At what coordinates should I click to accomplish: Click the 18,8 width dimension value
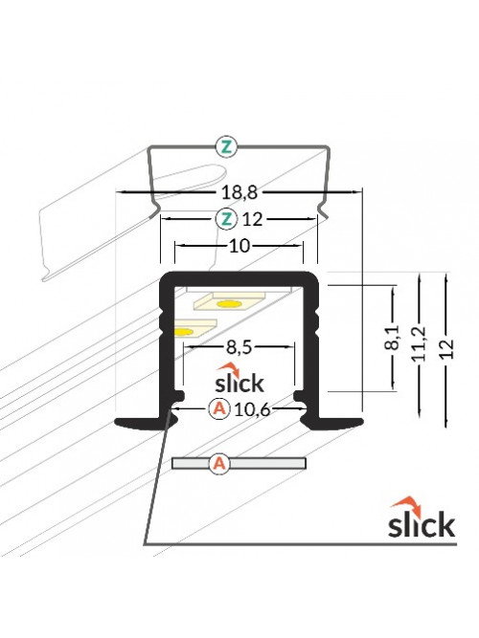239,192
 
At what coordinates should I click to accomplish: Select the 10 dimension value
239,246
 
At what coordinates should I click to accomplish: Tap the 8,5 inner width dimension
239,347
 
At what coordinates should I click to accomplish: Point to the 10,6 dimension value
252,409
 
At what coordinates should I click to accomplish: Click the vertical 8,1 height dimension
393,338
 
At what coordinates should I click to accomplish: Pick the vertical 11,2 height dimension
419,343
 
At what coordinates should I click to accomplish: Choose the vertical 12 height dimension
447,348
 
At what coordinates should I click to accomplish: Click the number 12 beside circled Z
252,220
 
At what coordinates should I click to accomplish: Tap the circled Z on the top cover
226,147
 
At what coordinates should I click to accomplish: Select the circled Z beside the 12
226,219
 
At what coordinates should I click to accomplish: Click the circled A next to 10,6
219,408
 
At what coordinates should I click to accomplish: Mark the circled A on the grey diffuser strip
219,464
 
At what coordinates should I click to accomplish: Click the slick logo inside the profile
239,378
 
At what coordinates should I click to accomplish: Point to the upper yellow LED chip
229,304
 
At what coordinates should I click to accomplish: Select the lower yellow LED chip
184,332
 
